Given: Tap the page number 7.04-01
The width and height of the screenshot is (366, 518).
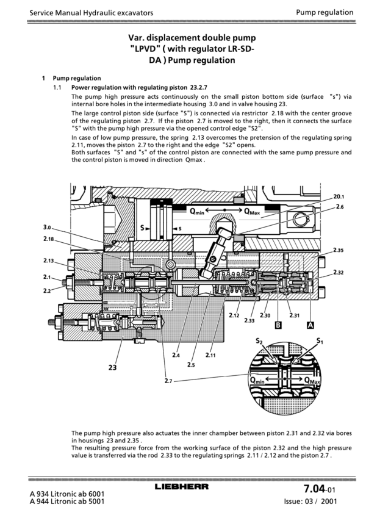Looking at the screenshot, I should [320, 489].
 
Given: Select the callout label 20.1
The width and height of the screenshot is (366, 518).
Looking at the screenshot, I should [339, 196].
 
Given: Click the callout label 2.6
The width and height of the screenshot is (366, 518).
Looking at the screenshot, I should [339, 207].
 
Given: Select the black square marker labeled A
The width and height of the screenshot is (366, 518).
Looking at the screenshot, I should [310, 325].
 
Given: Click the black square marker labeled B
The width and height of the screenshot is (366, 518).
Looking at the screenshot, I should [278, 325].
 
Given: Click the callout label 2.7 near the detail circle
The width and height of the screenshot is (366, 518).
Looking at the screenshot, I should [169, 381].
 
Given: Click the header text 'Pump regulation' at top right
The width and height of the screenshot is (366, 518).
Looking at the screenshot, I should [325, 12].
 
